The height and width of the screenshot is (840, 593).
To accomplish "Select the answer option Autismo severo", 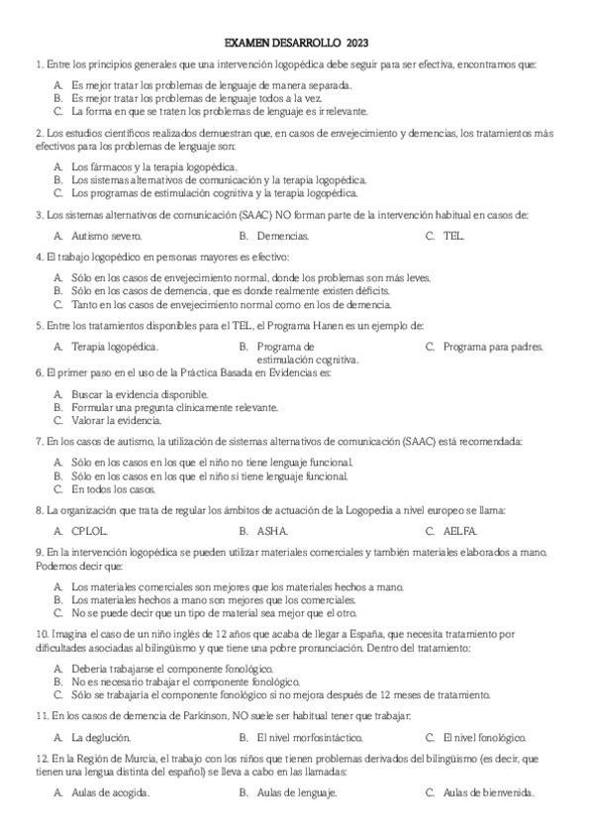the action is [107, 236].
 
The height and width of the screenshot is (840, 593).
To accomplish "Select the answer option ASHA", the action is [272, 531].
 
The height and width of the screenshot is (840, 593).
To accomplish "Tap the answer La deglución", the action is [101, 737].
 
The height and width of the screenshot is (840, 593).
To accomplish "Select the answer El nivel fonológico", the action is [484, 737].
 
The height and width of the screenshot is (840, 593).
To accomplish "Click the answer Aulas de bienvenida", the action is [489, 793].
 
